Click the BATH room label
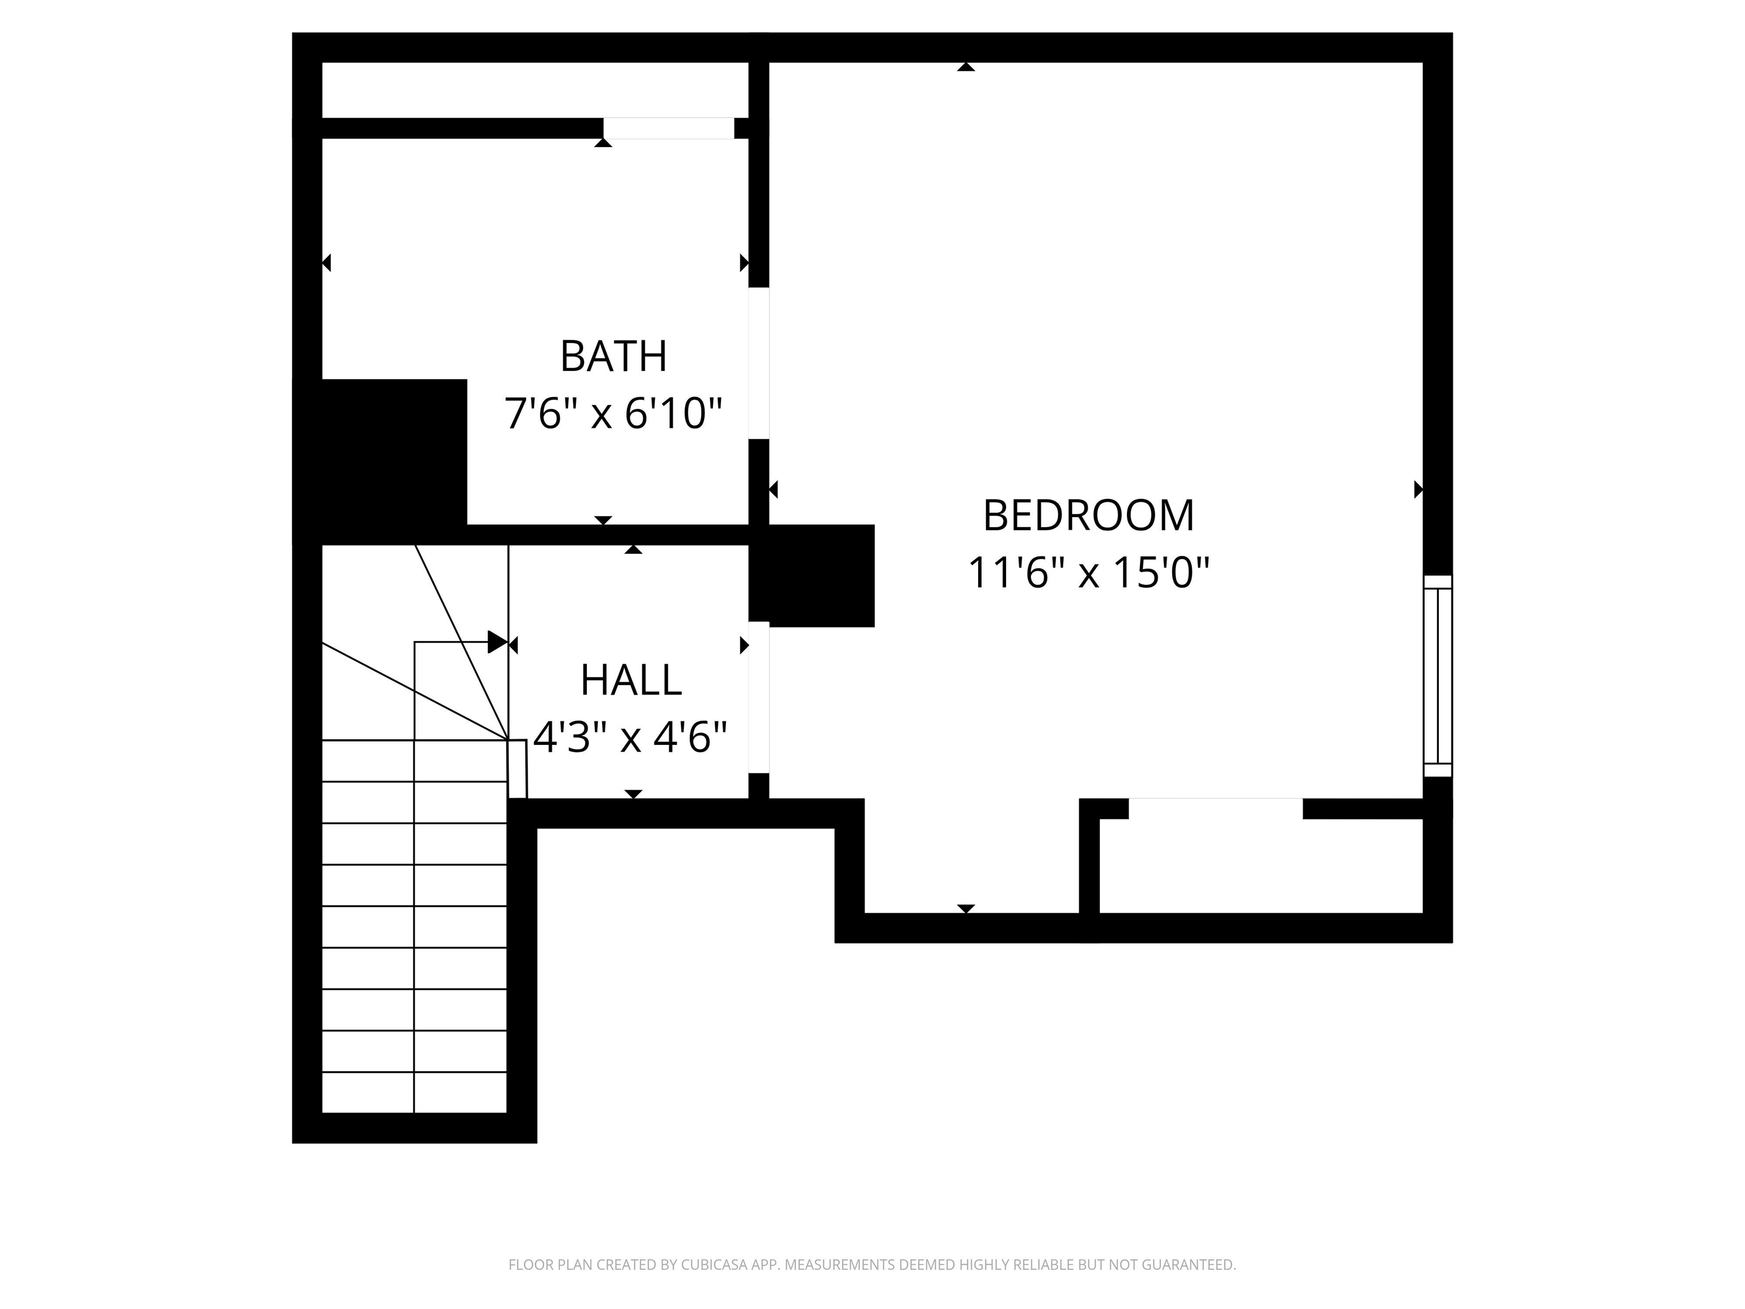point(613,357)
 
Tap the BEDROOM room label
point(1088,515)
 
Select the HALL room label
point(631,680)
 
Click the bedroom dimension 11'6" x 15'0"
point(1088,573)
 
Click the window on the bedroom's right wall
point(1437,676)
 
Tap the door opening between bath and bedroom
point(758,363)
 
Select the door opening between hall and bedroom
point(758,698)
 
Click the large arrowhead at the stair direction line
point(497,642)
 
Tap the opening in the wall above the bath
point(668,128)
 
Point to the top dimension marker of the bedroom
point(966,67)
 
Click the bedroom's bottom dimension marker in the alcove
point(966,908)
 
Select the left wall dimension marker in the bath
point(327,262)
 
